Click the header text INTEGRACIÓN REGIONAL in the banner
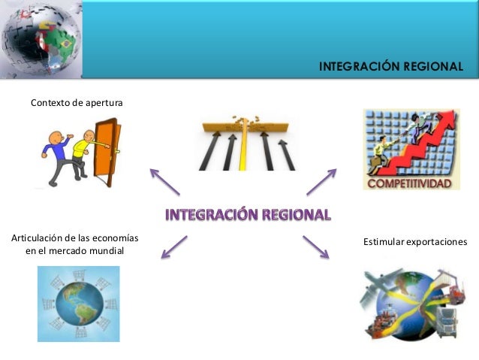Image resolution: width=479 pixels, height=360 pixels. point(390,67)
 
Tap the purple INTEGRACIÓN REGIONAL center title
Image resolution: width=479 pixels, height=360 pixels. point(248,215)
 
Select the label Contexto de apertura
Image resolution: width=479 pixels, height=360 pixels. point(76,102)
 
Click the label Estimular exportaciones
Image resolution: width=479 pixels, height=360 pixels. point(415,242)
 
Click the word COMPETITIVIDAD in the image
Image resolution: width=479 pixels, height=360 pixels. point(410,183)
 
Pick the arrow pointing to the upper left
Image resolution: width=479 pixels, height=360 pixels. point(164,181)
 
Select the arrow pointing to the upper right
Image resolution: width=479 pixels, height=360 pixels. point(321,181)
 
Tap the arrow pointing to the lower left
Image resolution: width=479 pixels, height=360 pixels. point(173,247)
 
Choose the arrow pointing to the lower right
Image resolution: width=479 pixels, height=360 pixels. point(316,247)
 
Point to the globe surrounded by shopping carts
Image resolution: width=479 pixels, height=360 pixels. point(78,304)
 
